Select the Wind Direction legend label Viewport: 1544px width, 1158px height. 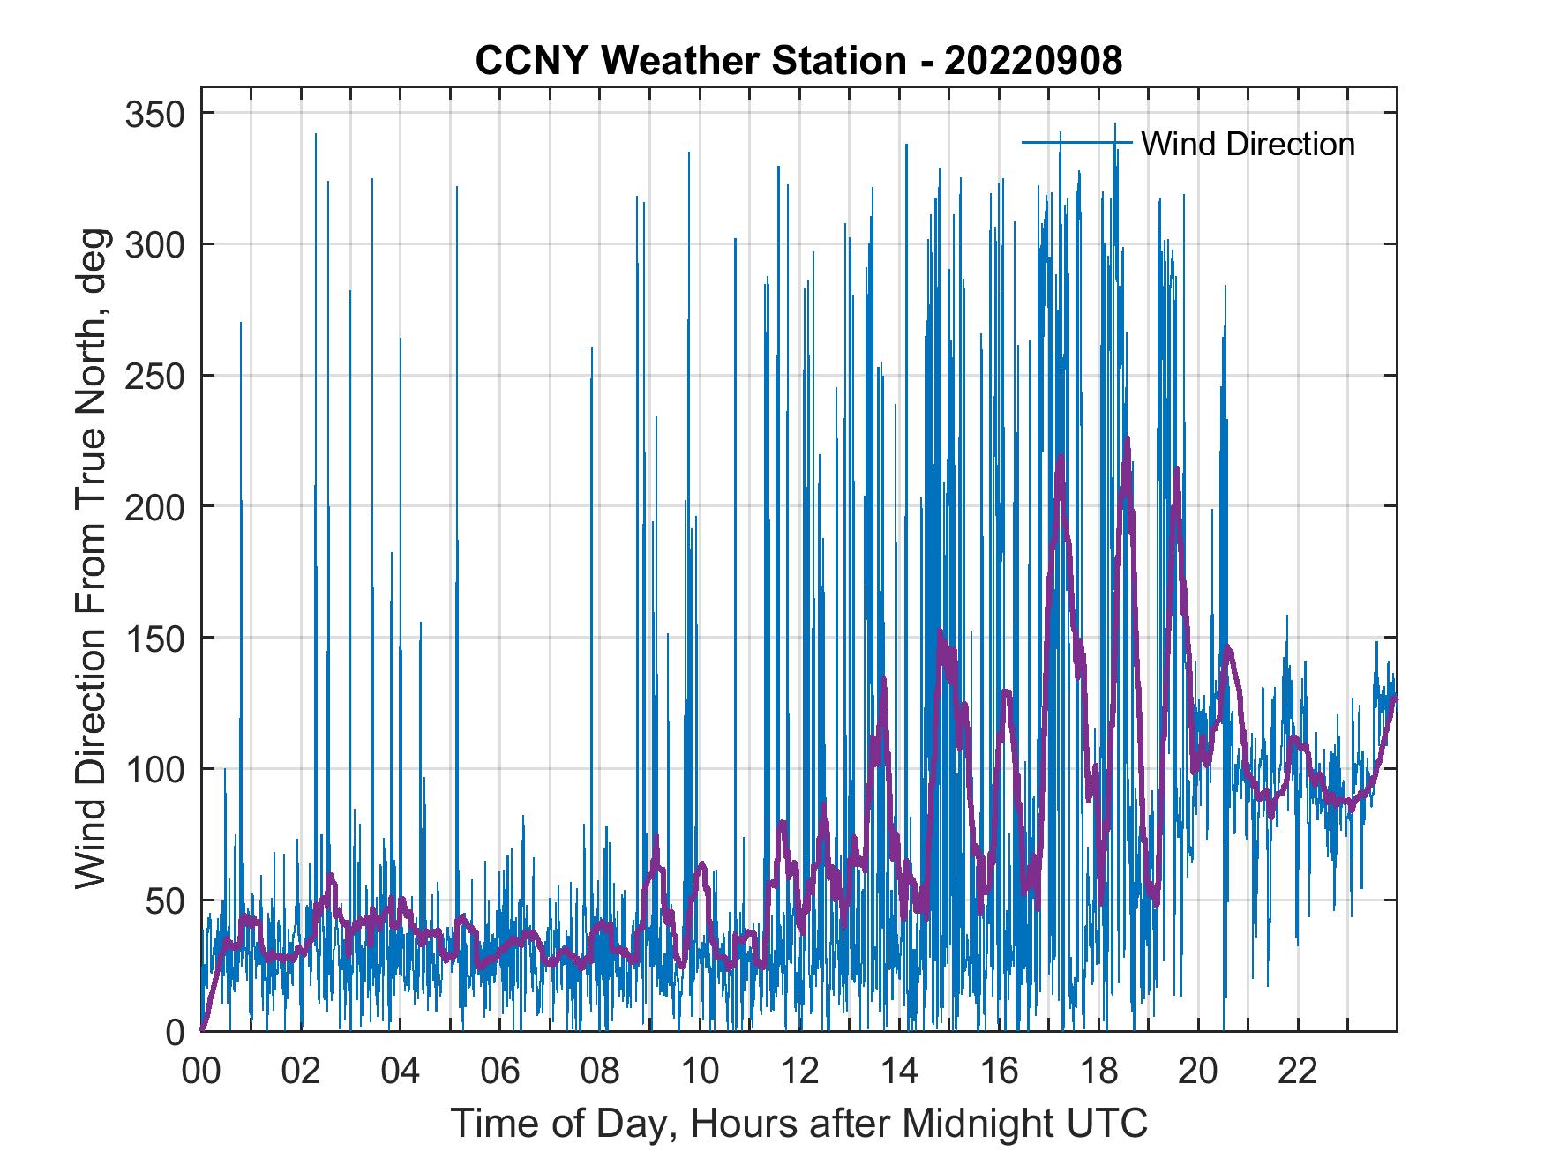click(x=1248, y=144)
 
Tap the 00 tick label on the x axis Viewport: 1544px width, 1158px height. click(x=201, y=1072)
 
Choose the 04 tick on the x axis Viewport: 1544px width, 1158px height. click(x=401, y=1072)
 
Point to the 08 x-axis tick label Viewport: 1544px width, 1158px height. click(x=600, y=1072)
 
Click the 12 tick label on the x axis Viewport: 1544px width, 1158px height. click(x=799, y=1072)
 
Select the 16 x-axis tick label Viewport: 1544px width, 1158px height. click(x=999, y=1072)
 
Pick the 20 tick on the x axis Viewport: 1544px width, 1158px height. click(x=1198, y=1072)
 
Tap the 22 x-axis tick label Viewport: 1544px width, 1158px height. click(x=1298, y=1072)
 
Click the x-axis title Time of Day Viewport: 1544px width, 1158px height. click(x=799, y=1124)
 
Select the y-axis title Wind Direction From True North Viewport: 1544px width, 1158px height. click(x=91, y=558)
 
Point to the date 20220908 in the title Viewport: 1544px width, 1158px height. click(x=1032, y=61)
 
